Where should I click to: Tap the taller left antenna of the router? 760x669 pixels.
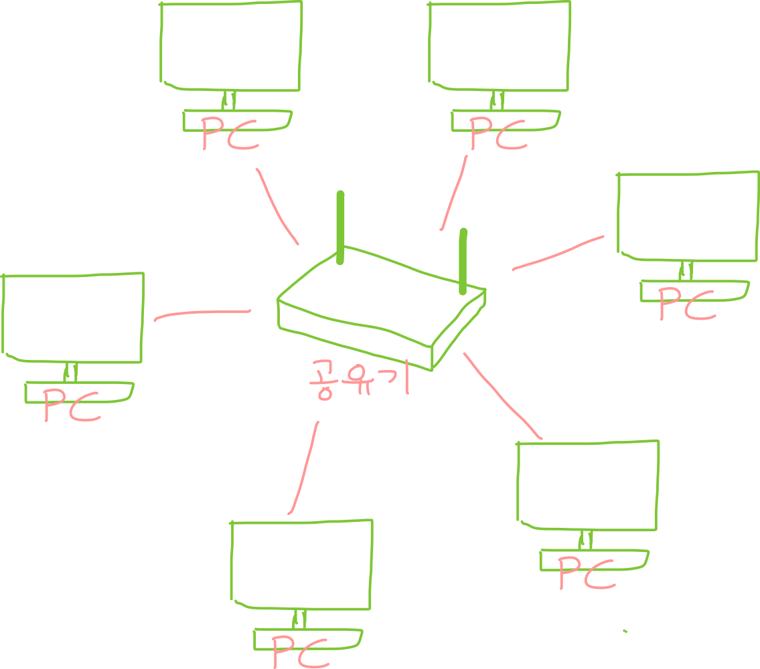[x=340, y=227]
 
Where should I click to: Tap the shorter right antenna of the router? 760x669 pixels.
[x=463, y=261]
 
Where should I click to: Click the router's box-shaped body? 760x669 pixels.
[x=375, y=308]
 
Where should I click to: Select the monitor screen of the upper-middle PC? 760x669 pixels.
[x=499, y=45]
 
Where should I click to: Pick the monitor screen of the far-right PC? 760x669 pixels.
[x=688, y=216]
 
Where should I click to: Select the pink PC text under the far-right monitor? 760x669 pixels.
[x=686, y=304]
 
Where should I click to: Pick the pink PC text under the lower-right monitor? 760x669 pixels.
[x=586, y=573]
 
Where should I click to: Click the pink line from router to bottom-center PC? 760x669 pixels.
[x=303, y=468]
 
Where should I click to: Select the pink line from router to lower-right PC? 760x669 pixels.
[x=502, y=396]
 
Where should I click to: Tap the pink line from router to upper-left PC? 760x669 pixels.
[x=276, y=206]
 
